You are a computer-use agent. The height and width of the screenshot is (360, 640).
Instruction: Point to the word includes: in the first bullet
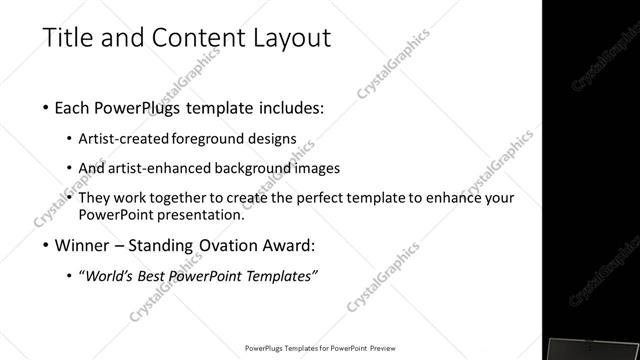click(286, 107)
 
